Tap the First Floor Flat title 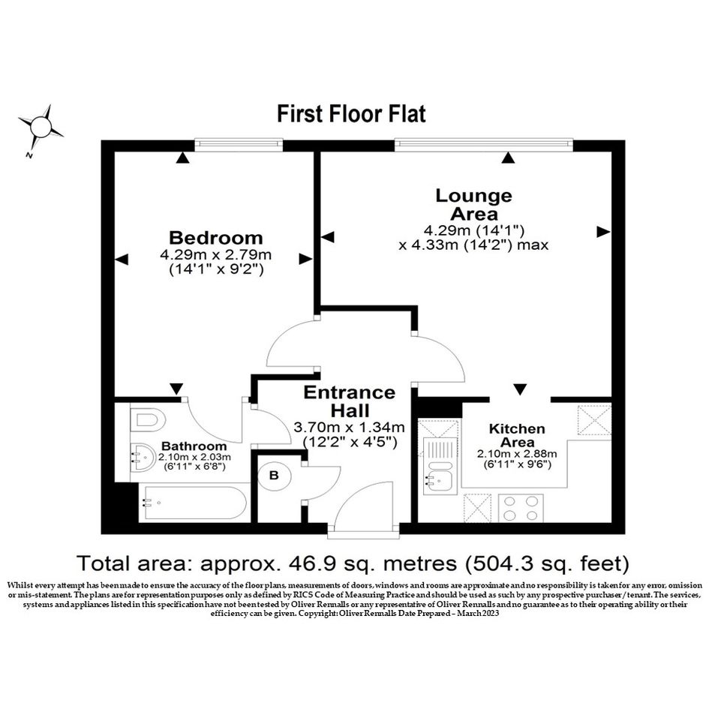coord(351,113)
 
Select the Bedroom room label coord(215,237)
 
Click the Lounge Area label coord(474,204)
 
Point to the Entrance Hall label coord(350,401)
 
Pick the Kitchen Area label coord(517,435)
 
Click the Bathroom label coord(194,446)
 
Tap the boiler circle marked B coord(274,475)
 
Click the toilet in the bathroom coord(147,420)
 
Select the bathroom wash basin coord(143,457)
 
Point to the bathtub coord(194,503)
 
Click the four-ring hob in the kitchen coord(521,508)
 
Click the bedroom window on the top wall coord(239,144)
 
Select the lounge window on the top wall coord(484,144)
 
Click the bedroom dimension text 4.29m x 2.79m coord(215,254)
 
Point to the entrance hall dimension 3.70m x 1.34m coord(349,427)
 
